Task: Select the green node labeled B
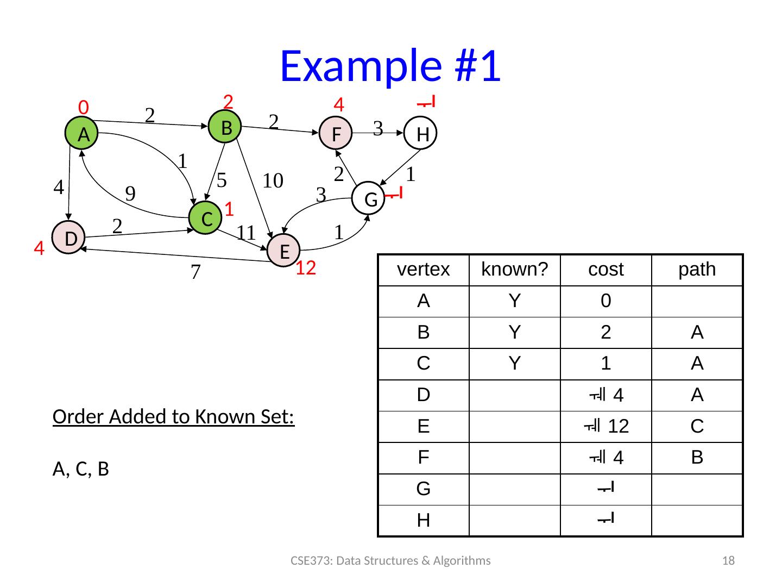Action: [225, 127]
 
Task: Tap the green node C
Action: [205, 218]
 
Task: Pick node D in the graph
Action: [69, 238]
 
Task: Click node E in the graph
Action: [283, 251]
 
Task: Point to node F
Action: [336, 133]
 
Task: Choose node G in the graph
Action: [369, 199]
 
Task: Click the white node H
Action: [421, 134]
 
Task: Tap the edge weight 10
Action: [273, 180]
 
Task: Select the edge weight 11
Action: [245, 233]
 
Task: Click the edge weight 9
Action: [130, 192]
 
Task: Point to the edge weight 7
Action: [195, 272]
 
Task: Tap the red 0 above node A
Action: [83, 107]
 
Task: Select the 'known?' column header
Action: [515, 270]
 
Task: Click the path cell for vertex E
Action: [697, 427]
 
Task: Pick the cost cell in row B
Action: [606, 333]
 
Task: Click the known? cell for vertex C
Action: [515, 364]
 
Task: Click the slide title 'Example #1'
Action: [390, 66]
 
